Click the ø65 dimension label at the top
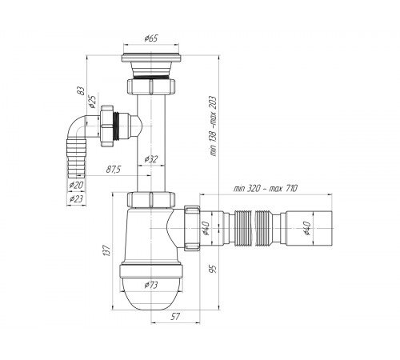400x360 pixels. click(x=151, y=38)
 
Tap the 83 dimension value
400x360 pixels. click(x=81, y=90)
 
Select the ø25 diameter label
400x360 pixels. click(x=92, y=102)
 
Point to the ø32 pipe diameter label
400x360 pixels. click(x=151, y=159)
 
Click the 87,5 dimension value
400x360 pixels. click(x=114, y=169)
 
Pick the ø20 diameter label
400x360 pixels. click(x=76, y=185)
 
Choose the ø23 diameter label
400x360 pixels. click(x=76, y=198)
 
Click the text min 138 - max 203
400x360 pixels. click(x=214, y=126)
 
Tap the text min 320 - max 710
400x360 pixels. click(x=266, y=189)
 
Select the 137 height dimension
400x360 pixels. click(x=106, y=250)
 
